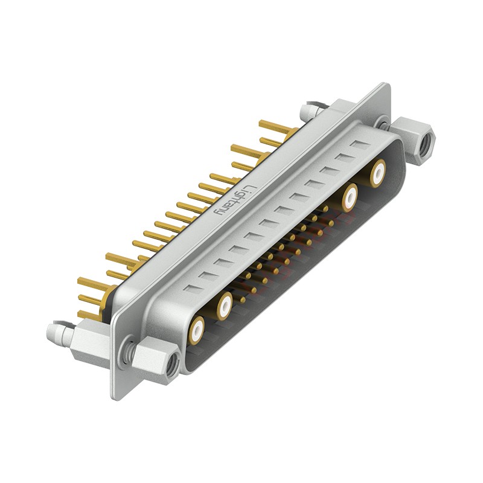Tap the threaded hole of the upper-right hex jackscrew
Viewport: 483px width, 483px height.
427,143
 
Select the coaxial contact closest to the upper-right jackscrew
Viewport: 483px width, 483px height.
378,173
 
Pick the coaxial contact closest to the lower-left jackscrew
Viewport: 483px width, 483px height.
197,330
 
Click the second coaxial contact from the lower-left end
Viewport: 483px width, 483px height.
225,306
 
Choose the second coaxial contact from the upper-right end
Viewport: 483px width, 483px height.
350,197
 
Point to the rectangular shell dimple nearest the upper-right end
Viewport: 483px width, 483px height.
360,145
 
